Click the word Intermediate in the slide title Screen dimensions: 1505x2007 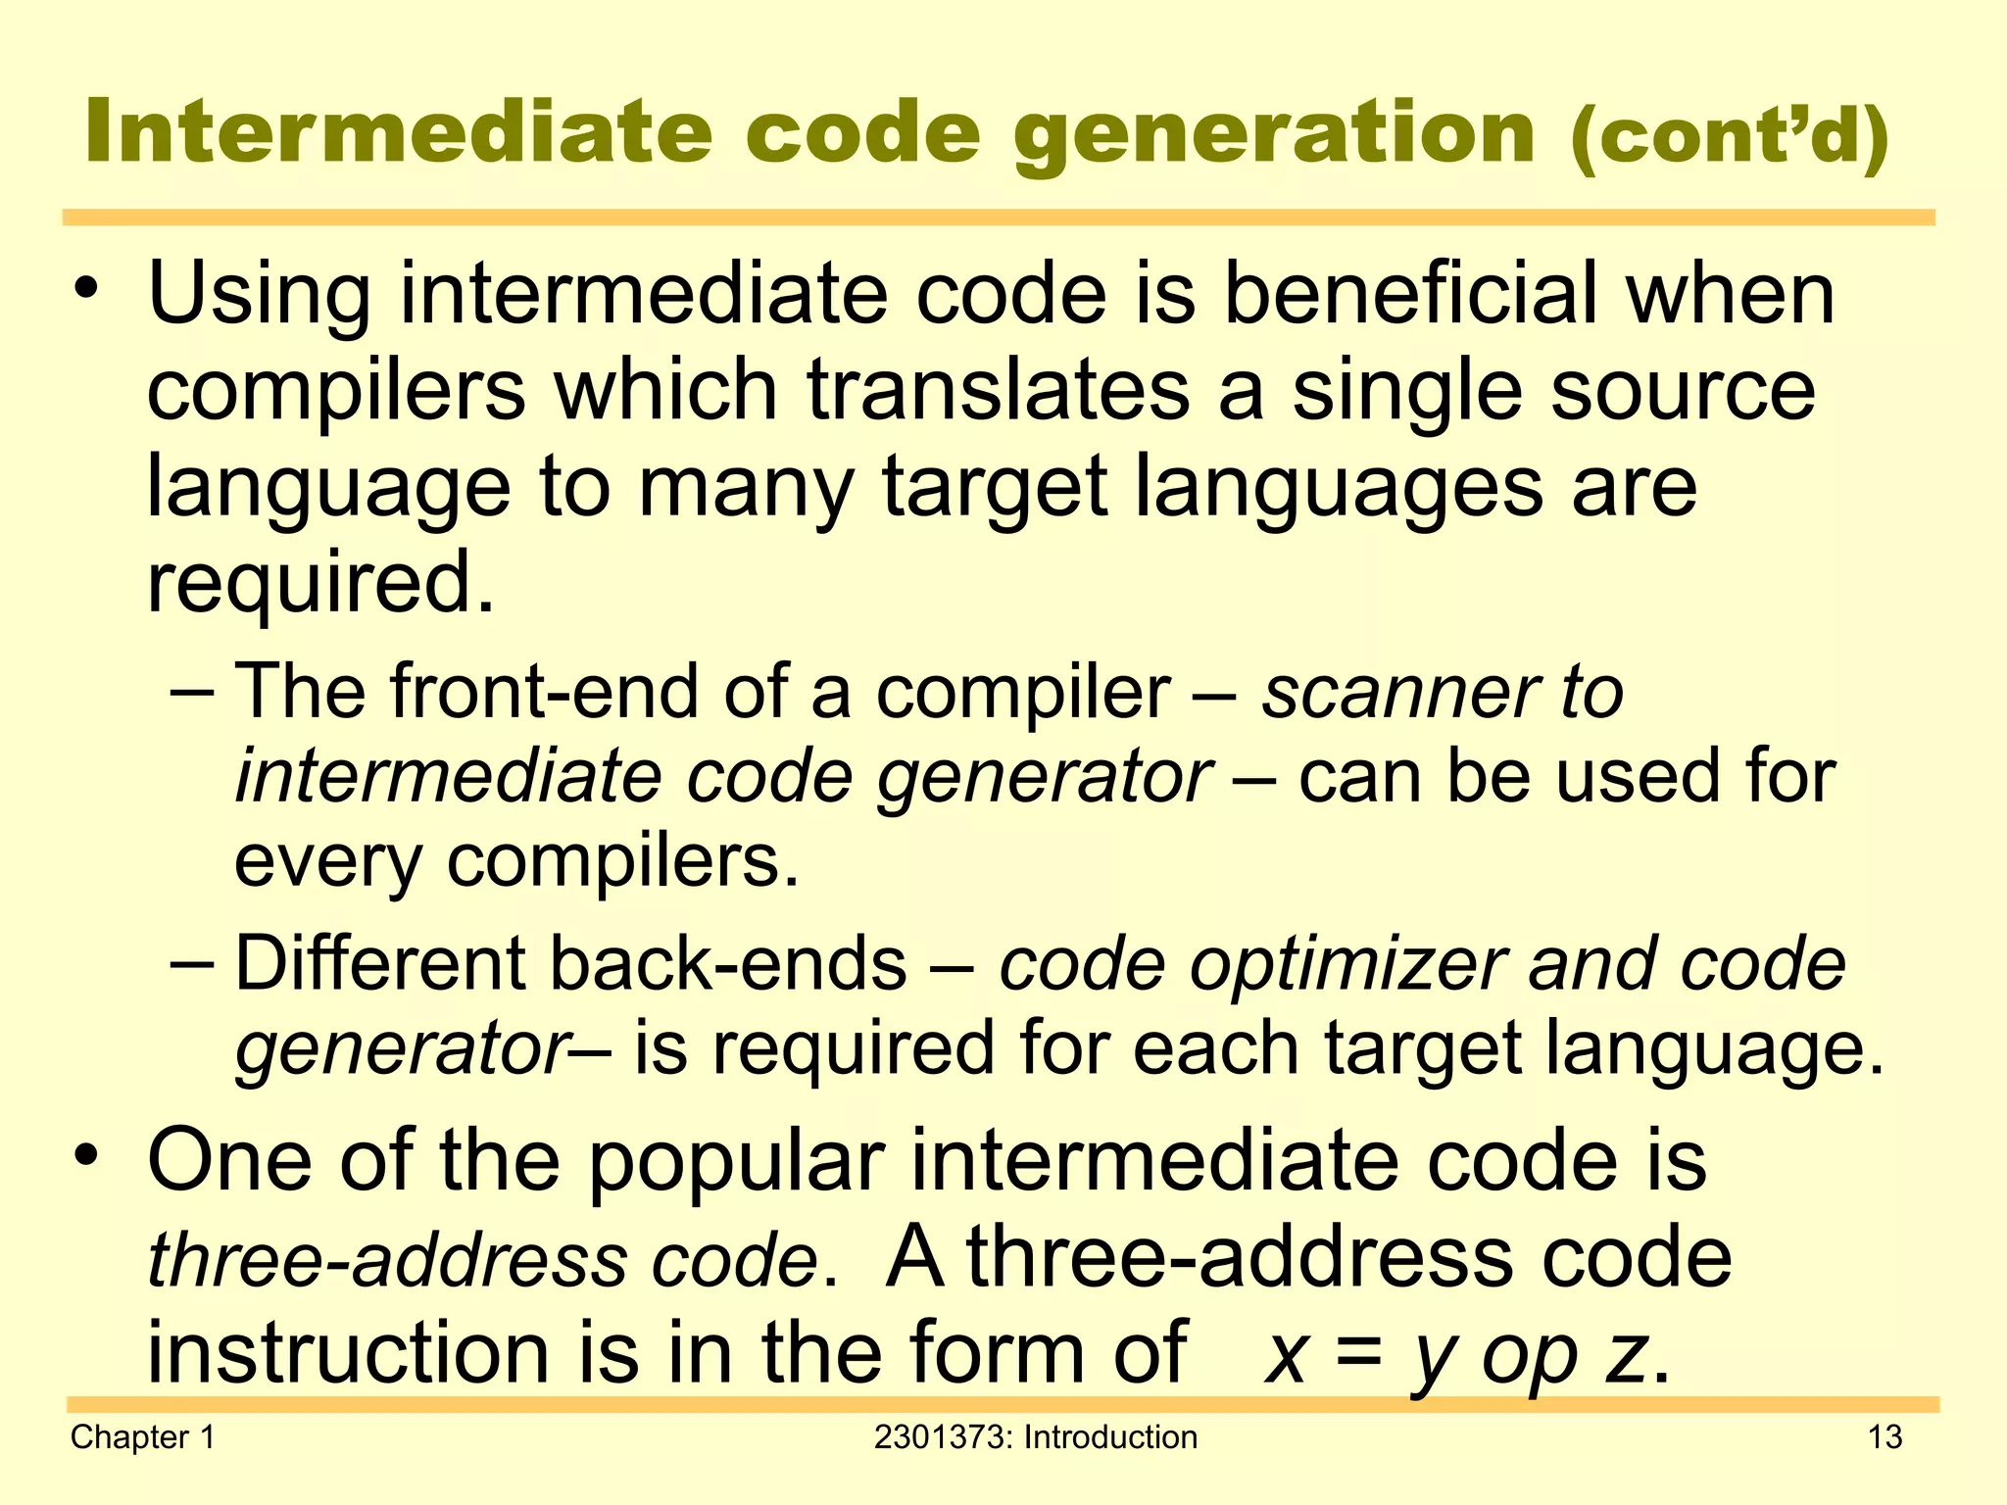coord(398,132)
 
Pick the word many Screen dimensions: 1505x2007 coord(746,488)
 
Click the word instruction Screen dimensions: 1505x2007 coord(349,1352)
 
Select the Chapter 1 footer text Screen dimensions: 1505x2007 coord(143,1436)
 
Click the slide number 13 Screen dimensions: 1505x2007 coord(1885,1436)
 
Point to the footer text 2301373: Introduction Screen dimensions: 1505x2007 coord(1035,1436)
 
